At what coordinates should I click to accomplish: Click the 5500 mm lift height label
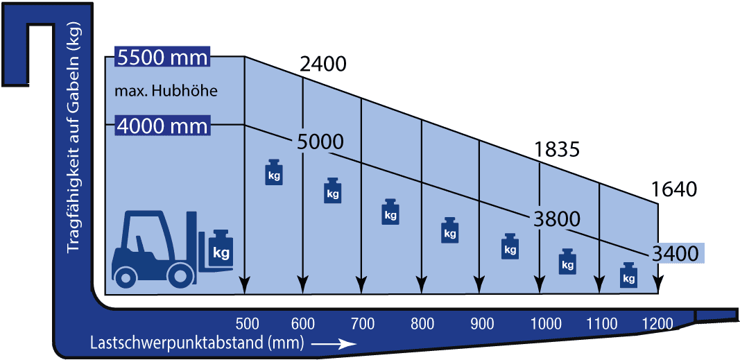pos(162,58)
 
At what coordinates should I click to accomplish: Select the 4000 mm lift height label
pos(162,126)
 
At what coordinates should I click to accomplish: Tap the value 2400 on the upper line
pos(323,65)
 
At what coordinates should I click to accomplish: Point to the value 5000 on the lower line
pos(320,142)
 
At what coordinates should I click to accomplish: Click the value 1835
pos(556,150)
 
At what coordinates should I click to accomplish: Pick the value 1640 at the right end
pos(673,189)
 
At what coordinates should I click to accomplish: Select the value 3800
pos(556,219)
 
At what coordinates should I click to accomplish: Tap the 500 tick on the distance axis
pos(247,324)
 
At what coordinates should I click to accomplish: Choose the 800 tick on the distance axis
pos(422,324)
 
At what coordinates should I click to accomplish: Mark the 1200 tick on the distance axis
pos(657,324)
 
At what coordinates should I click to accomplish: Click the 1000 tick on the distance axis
pos(547,324)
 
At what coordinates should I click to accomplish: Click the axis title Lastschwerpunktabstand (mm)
pos(197,343)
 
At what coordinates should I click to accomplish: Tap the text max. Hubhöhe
pos(166,91)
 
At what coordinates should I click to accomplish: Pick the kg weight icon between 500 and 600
pos(274,172)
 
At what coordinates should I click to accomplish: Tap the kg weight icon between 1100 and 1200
pos(628,275)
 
